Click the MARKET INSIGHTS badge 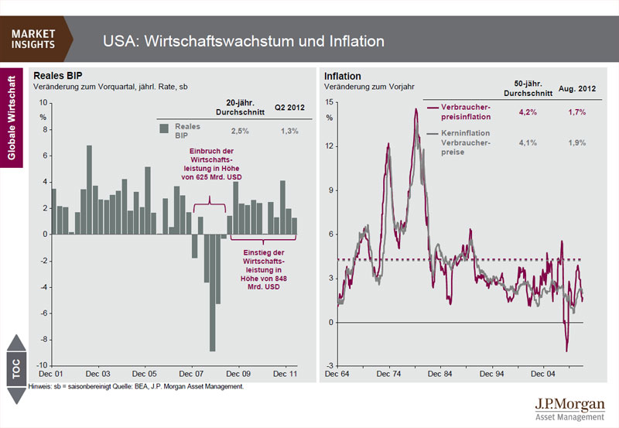(x=34, y=39)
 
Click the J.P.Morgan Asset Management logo (x=569, y=409)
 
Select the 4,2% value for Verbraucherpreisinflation (x=528, y=112)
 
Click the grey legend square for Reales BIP (x=163, y=129)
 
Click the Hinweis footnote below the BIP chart (x=135, y=385)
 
